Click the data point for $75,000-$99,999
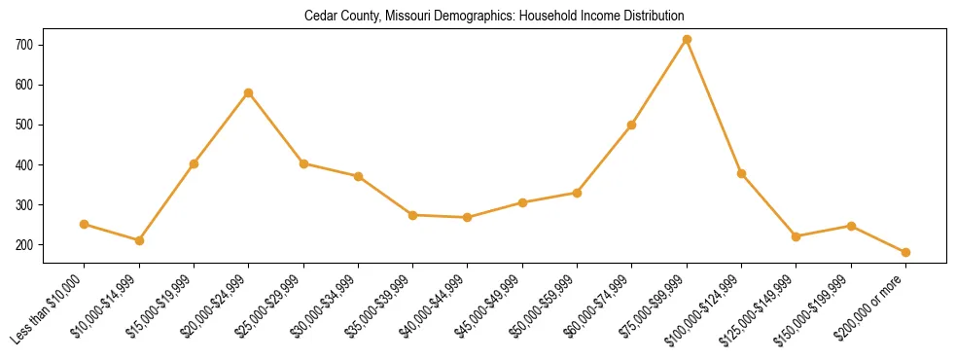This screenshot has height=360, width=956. pyautogui.click(x=687, y=40)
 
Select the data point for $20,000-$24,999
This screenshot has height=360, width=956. pyautogui.click(x=249, y=93)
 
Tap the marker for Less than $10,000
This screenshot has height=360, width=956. pyautogui.click(x=85, y=225)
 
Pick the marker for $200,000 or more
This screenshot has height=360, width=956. pyautogui.click(x=905, y=253)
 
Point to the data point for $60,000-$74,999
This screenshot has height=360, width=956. pyautogui.click(x=632, y=126)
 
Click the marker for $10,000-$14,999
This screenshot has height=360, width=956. pyautogui.click(x=139, y=240)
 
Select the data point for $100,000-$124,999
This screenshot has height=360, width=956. pyautogui.click(x=741, y=174)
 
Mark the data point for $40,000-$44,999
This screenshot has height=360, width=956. pyautogui.click(x=468, y=218)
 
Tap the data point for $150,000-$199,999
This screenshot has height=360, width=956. pyautogui.click(x=851, y=226)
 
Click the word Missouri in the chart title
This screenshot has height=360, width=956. pyautogui.click(x=407, y=17)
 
